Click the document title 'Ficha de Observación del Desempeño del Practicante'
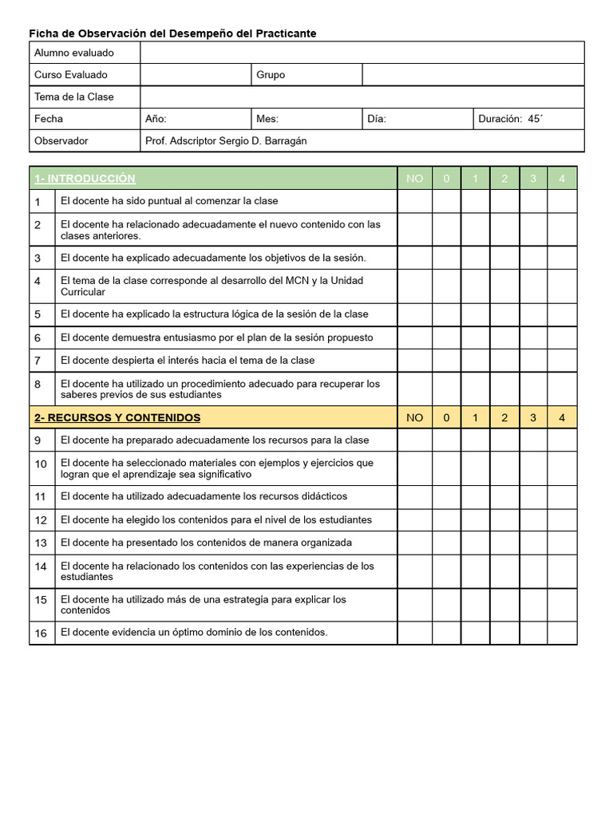click(172, 34)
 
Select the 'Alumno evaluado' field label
click(73, 53)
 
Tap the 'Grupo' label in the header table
click(271, 75)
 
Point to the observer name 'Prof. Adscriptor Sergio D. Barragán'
click(226, 141)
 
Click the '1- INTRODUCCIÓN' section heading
click(85, 179)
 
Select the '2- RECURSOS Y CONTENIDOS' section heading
click(117, 417)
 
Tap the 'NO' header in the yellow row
click(414, 417)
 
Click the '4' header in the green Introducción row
click(562, 179)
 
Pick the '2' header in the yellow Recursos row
click(504, 417)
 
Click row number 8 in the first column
click(38, 385)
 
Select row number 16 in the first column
click(41, 633)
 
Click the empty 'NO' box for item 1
click(414, 201)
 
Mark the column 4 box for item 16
click(562, 633)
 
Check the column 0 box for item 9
click(446, 440)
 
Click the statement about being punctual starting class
click(169, 201)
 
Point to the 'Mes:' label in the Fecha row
click(267, 119)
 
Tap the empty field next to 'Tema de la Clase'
click(362, 97)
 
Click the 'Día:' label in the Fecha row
click(377, 119)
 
